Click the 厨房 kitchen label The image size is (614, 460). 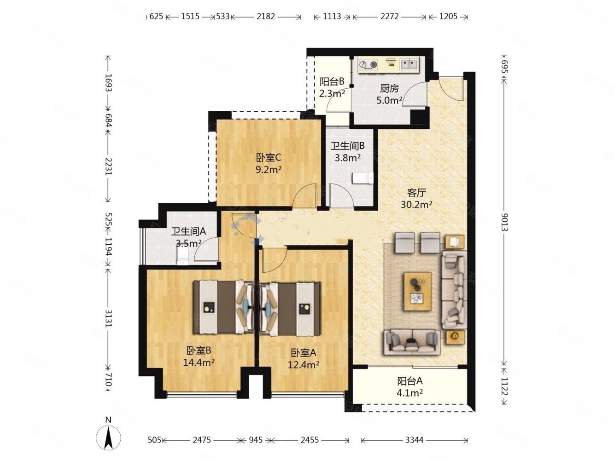389,89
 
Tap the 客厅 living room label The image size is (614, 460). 416,193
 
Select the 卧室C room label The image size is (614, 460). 269,158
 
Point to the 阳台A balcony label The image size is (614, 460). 410,381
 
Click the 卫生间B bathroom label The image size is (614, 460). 348,146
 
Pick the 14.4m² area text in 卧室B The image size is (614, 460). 199,362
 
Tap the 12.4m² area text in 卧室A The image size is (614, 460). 304,365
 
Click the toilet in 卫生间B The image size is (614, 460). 363,178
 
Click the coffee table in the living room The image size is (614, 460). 417,291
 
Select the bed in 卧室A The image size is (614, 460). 290,307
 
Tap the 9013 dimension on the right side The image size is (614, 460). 504,222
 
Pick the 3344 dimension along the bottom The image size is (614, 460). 414,440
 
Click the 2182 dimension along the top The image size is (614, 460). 266,17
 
